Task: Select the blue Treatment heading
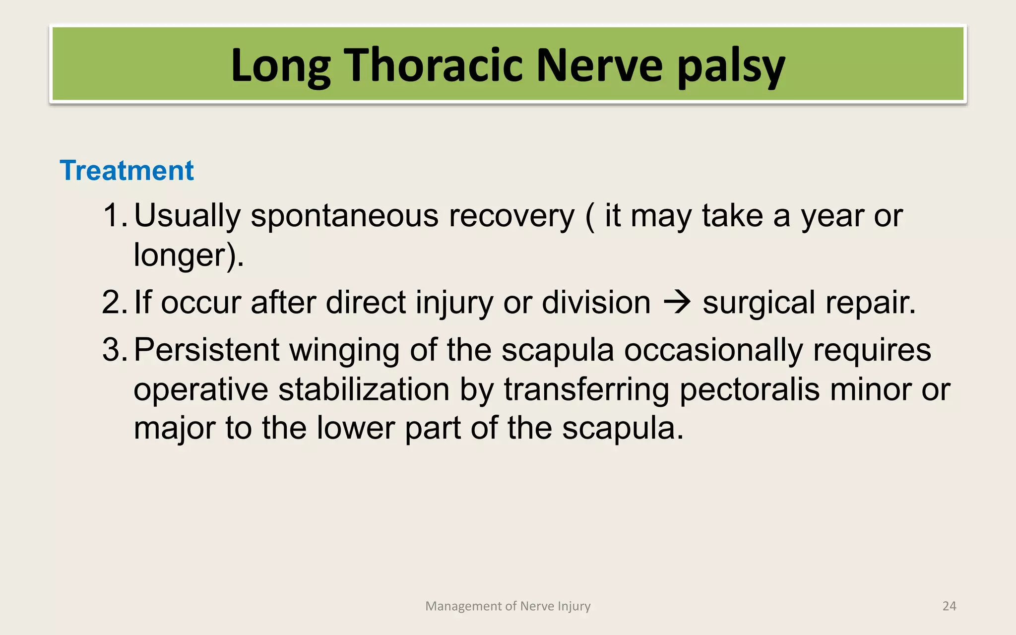[127, 171]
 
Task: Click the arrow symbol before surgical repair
[677, 303]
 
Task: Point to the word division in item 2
[596, 303]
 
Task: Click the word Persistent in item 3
[206, 350]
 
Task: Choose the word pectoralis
[749, 389]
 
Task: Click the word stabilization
[364, 389]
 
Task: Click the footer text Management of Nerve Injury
[508, 606]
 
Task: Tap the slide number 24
[949, 606]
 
